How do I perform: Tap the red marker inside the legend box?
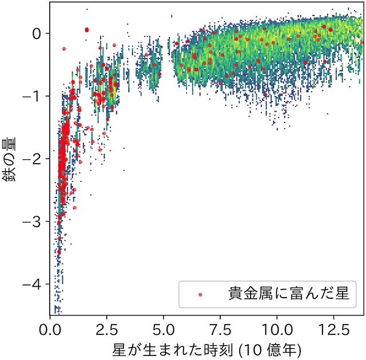click(x=200, y=295)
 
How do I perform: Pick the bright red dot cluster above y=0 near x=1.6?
click(x=87, y=30)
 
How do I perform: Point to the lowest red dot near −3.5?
click(x=58, y=252)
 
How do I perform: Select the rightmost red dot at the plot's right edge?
click(x=361, y=42)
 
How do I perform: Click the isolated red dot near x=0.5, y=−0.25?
click(x=63, y=49)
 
